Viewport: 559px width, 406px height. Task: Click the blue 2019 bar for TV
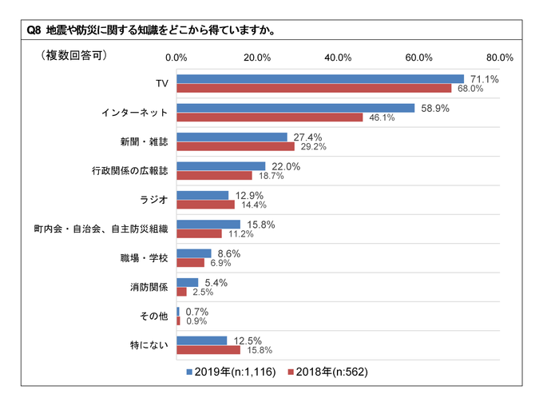point(319,78)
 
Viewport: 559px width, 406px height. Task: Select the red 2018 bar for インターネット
point(269,117)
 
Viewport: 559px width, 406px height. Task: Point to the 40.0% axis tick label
point(339,58)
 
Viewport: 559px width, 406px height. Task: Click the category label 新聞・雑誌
point(145,141)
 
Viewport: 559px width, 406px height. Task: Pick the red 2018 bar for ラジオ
point(205,205)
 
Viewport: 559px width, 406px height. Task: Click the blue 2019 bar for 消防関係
point(187,282)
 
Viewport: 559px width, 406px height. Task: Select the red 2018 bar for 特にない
point(208,350)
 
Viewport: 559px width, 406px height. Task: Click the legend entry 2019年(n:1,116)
point(232,372)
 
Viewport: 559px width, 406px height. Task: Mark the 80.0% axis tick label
point(500,58)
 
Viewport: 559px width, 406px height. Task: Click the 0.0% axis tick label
point(176,58)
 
